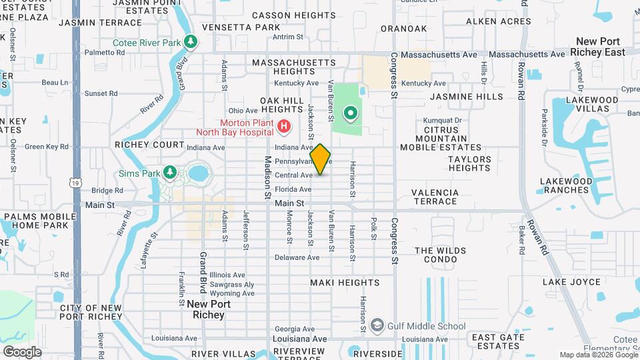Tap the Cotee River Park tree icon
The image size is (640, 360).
click(x=191, y=43)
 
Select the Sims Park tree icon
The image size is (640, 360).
click(x=170, y=173)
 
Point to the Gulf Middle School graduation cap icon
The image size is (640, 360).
click(x=378, y=325)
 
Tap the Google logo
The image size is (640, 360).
click(x=22, y=351)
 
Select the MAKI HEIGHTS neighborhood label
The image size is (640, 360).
click(x=345, y=283)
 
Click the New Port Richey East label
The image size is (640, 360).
click(x=600, y=46)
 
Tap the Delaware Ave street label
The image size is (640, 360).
click(x=295, y=257)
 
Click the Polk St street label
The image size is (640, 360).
click(x=374, y=227)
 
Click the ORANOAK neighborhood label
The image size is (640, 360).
click(x=403, y=29)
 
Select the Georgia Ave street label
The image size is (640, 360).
click(x=295, y=329)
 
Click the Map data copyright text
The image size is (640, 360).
click(x=598, y=355)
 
